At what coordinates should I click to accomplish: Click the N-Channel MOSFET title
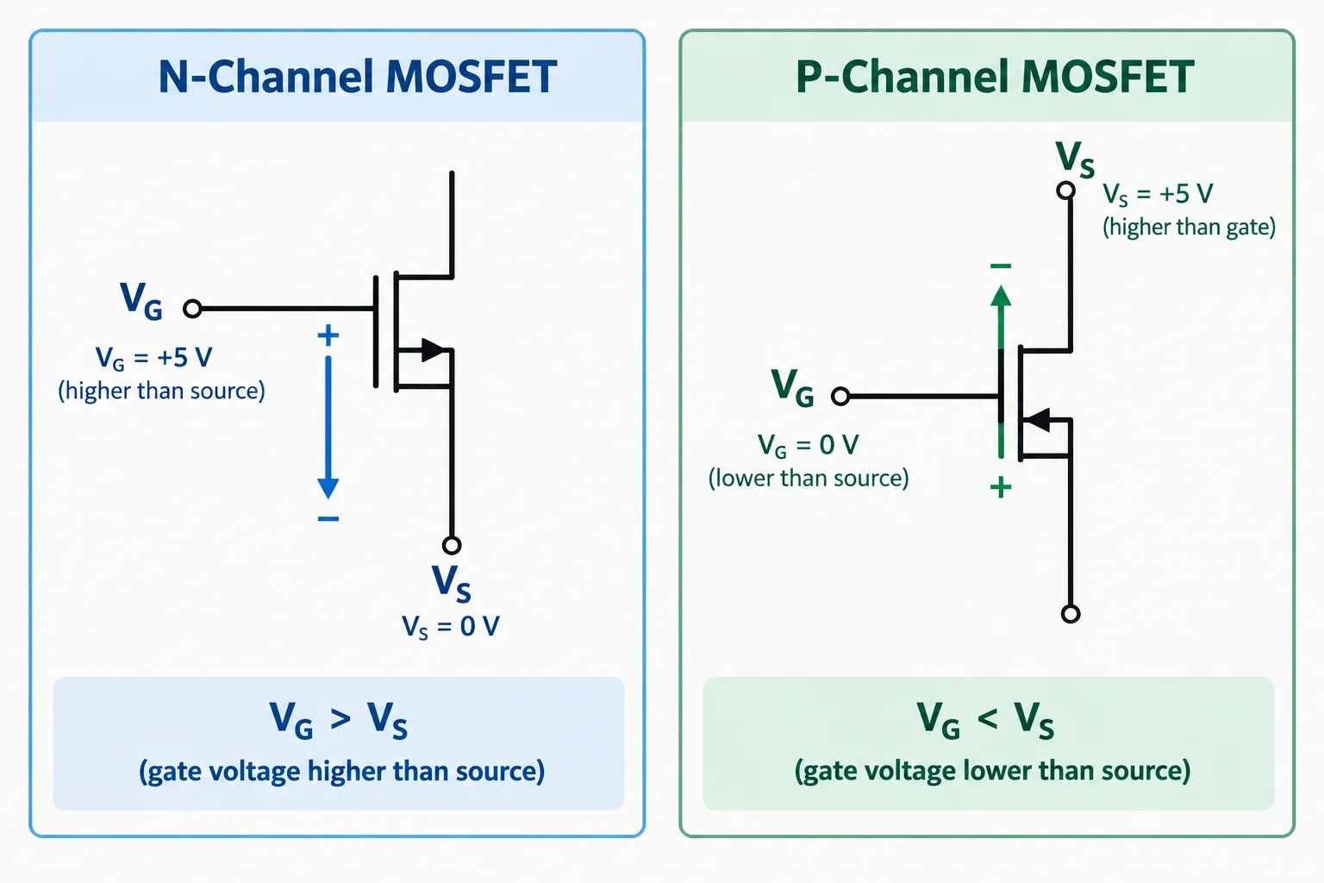(x=358, y=76)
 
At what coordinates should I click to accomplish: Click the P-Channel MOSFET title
(x=995, y=76)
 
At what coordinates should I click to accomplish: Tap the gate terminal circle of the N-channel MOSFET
(x=192, y=309)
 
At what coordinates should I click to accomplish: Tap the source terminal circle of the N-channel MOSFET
(x=452, y=545)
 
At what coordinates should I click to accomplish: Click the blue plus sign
(x=328, y=335)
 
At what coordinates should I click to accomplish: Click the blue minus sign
(x=328, y=519)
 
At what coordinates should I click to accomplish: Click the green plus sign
(x=1001, y=488)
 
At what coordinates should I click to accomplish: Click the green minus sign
(x=1001, y=266)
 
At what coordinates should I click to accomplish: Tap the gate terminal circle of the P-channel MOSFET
(x=840, y=396)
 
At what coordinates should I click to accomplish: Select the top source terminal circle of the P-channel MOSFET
(x=1065, y=191)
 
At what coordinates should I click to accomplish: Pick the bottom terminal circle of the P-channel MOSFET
(x=1071, y=614)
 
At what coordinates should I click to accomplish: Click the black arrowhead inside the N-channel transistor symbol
(x=433, y=350)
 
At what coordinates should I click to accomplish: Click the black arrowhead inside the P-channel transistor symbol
(x=1037, y=420)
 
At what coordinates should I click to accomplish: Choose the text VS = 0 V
(x=451, y=627)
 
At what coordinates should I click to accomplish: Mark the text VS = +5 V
(x=1158, y=195)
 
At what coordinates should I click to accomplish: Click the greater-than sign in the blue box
(x=340, y=719)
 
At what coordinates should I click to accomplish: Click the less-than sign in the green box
(x=988, y=719)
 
